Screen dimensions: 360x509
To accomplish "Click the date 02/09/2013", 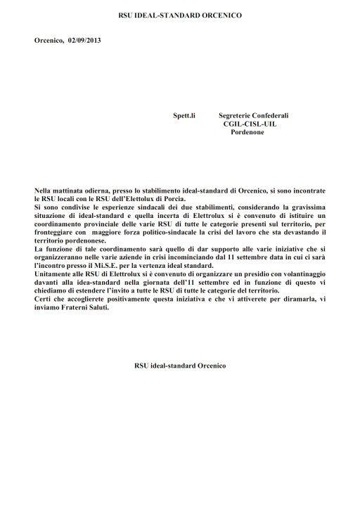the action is coord(84,41).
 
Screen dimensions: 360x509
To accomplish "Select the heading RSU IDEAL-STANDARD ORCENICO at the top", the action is coord(180,14).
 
